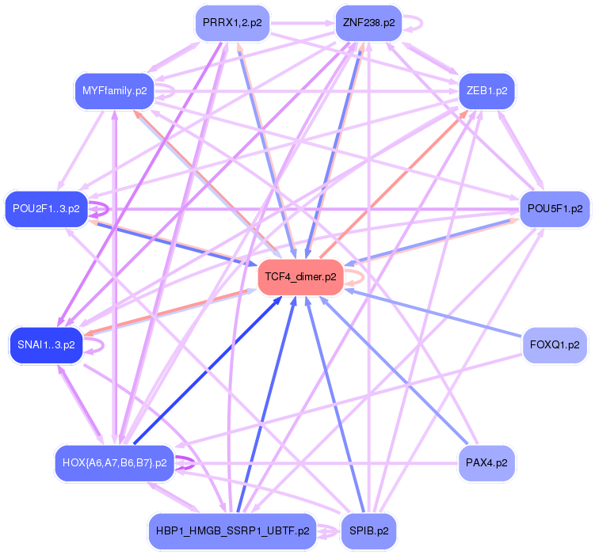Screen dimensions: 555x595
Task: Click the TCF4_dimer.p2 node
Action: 300,277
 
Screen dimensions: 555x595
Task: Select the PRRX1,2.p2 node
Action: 231,23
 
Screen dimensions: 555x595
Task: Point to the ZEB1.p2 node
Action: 486,91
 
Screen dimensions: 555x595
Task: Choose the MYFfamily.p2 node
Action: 114,91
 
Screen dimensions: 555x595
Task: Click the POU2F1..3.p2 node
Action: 46,209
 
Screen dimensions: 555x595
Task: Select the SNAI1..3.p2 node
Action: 46,345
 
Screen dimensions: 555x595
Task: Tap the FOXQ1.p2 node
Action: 555,345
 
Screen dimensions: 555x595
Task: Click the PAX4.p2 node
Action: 486,462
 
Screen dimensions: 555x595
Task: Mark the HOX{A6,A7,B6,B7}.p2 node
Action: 114,462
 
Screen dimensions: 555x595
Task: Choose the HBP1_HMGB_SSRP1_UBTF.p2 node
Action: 231,531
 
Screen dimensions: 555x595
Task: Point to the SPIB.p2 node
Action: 368,531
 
